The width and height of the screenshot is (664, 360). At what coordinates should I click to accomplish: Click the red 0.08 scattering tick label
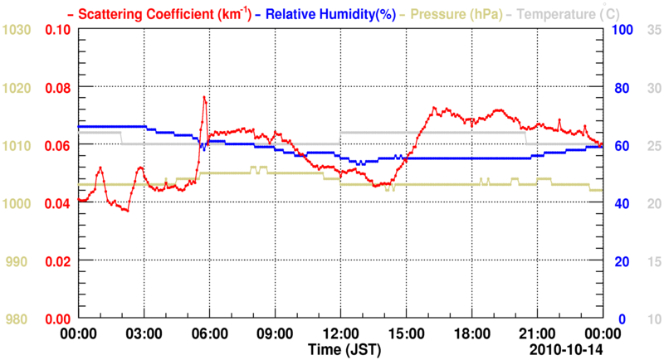coord(58,87)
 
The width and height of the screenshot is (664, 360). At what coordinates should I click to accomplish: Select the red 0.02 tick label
coord(58,261)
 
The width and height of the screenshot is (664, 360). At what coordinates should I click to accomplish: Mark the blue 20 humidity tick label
coord(618,261)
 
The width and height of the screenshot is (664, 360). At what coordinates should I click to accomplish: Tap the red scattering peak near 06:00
coord(203,97)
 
